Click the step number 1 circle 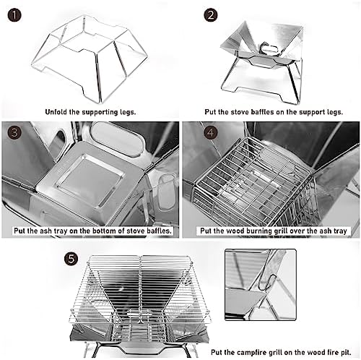pyautogui.click(x=14, y=15)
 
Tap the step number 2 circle pyautogui.click(x=211, y=15)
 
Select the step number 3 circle pyautogui.click(x=14, y=132)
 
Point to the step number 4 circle pyautogui.click(x=211, y=132)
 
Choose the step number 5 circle pyautogui.click(x=71, y=259)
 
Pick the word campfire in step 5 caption pyautogui.click(x=251, y=352)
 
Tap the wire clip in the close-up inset pyautogui.click(x=268, y=283)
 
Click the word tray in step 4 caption pyautogui.click(x=340, y=231)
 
